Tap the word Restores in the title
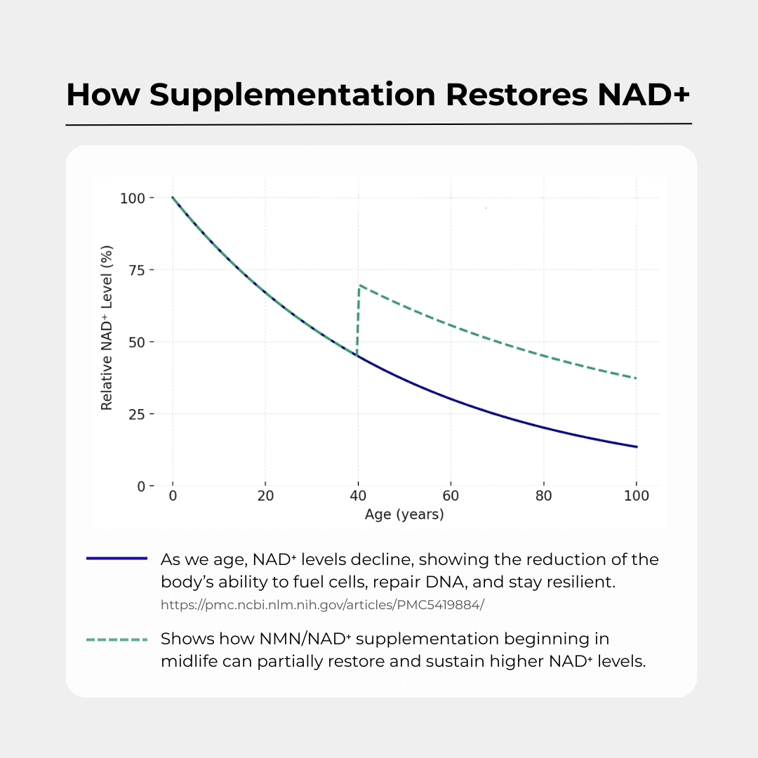pos(517,95)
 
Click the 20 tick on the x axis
pos(265,496)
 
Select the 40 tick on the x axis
pos(358,496)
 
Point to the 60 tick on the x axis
pos(451,496)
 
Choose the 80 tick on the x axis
pos(543,496)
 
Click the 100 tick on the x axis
pos(636,496)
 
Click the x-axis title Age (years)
pos(404,514)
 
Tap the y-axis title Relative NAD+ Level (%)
pos(107,327)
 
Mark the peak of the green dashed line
pos(359,286)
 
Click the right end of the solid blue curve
pos(636,446)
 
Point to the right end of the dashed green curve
pos(636,378)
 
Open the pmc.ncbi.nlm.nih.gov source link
pos(322,604)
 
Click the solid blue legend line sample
pos(117,559)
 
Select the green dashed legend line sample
pos(117,639)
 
